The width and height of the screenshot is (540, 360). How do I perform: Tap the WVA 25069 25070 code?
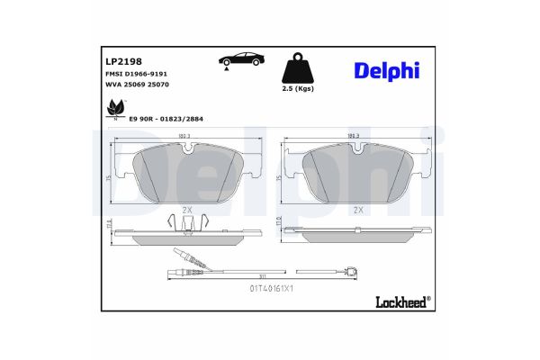coord(132,86)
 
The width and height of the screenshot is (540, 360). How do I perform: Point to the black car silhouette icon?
coord(241,61)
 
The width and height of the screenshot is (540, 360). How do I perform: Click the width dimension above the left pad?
coord(187,137)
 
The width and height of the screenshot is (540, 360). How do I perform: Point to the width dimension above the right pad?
coord(358,137)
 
